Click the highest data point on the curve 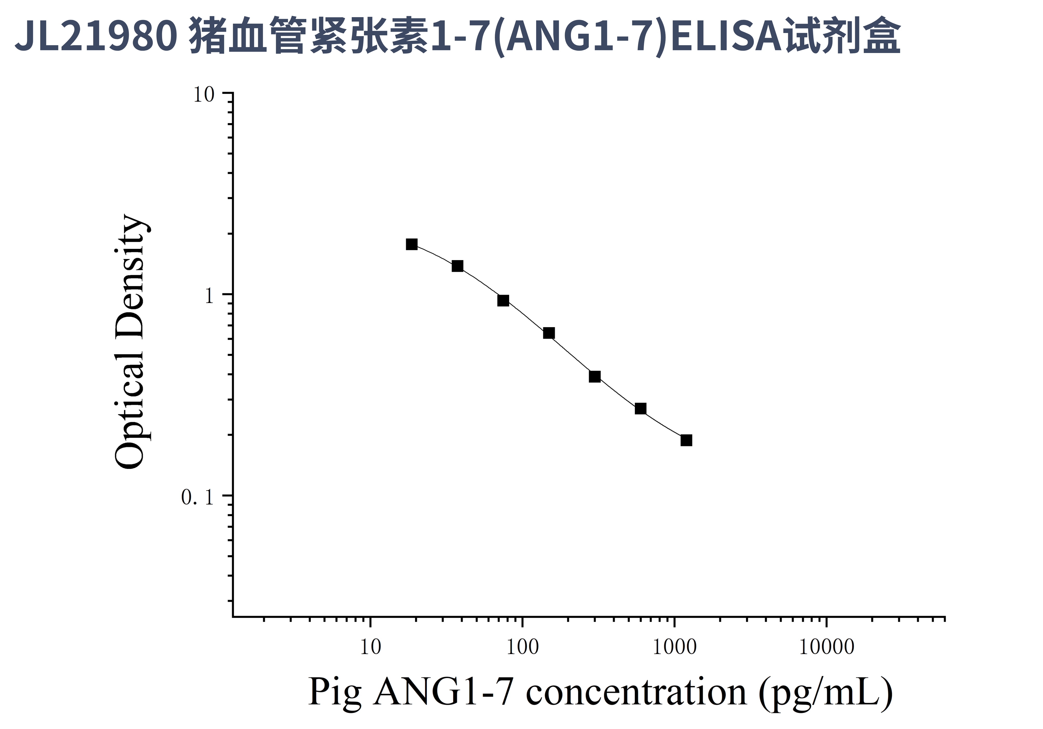coord(411,244)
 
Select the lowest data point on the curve coord(686,440)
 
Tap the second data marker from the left coord(457,266)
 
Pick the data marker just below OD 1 coord(503,300)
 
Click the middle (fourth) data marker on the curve coord(549,333)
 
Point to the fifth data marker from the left coord(595,376)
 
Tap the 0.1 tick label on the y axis coord(197,497)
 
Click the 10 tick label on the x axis coord(370,647)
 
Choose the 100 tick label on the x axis coord(522,647)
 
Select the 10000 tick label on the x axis coord(826,647)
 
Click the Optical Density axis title coord(130,342)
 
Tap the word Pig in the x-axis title coord(335,693)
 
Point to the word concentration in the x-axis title coord(636,693)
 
